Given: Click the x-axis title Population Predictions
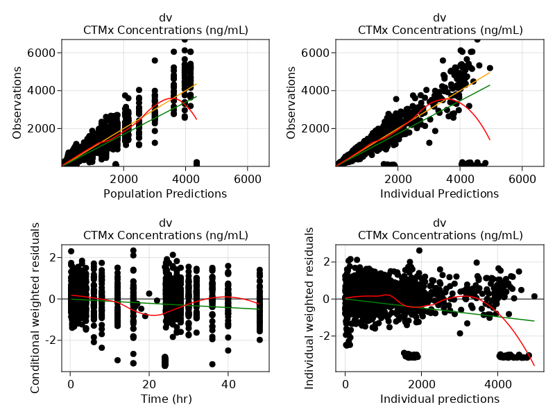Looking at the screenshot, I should [x=165, y=194].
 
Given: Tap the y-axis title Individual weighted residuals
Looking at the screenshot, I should [x=311, y=308].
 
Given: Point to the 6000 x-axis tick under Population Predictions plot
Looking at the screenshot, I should [x=248, y=178].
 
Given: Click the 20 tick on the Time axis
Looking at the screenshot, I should [x=149, y=383].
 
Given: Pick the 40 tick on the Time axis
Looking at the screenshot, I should [x=228, y=383].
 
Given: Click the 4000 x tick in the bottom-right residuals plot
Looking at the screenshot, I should [x=497, y=383].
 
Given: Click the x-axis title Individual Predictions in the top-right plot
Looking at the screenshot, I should [x=439, y=194].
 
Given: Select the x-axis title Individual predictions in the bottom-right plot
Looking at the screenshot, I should [x=439, y=399].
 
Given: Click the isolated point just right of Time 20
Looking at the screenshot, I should [x=149, y=293].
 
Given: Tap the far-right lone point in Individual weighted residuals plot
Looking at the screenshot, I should [x=534, y=296].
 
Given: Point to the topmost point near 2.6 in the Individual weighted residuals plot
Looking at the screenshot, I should [x=419, y=250].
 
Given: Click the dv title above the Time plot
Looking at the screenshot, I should [x=165, y=223].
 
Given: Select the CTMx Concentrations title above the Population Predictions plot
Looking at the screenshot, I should [x=165, y=30].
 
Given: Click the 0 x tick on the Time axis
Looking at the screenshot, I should [x=70, y=383].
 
